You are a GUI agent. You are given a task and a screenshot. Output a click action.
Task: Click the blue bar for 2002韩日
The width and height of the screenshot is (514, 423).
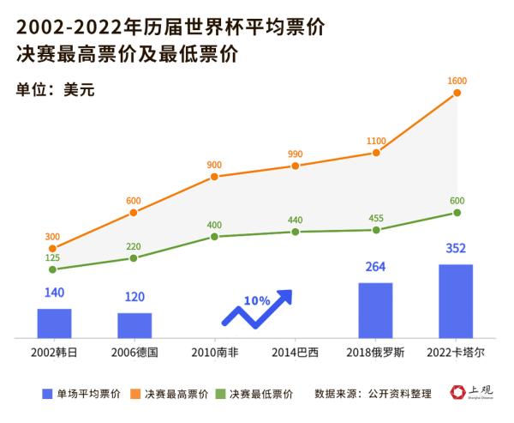point(54,323)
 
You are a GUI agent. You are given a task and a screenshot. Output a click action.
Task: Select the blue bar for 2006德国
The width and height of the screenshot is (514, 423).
point(134,325)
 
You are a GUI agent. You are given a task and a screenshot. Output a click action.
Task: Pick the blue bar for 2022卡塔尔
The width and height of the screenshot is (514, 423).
point(456,300)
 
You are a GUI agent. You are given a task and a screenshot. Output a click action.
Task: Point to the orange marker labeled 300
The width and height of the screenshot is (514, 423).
point(53,249)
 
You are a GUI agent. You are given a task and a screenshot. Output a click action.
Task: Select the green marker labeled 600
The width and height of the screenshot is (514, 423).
point(457,212)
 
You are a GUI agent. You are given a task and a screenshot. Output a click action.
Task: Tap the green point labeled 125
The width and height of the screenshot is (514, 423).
point(53,269)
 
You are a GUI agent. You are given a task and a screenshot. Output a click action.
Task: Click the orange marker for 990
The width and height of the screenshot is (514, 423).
point(296,166)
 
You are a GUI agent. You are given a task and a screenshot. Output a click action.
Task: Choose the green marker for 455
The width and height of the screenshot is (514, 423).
point(376,229)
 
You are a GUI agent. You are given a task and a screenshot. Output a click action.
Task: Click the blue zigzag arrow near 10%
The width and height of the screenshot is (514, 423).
point(257,310)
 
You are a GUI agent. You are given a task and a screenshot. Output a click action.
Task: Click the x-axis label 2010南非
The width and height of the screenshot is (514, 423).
point(215,353)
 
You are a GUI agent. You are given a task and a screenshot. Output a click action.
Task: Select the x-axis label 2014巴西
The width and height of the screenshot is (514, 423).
point(296,353)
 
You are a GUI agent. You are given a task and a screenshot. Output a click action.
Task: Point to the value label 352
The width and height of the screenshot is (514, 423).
point(456,250)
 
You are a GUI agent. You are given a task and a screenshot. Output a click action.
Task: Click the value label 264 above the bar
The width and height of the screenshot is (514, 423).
point(375,267)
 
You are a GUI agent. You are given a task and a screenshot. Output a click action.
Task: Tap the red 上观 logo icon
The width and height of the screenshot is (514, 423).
point(458,393)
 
